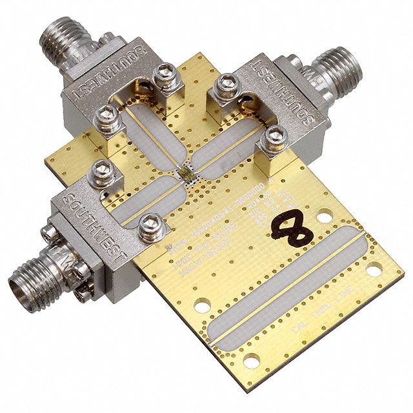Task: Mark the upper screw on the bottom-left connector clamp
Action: [102, 172]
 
